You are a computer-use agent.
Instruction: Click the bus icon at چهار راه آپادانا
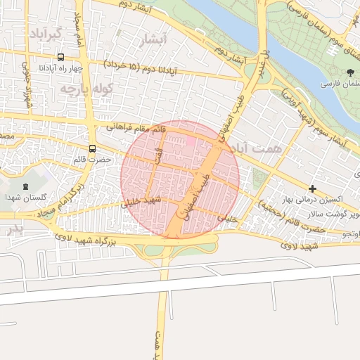pos(60,57)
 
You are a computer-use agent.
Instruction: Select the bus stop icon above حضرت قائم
pos(93,148)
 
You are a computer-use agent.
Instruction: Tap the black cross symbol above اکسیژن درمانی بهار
pos(312,188)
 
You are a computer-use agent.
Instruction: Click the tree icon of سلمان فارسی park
pos(350,72)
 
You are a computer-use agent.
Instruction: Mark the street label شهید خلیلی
pos(142,202)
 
